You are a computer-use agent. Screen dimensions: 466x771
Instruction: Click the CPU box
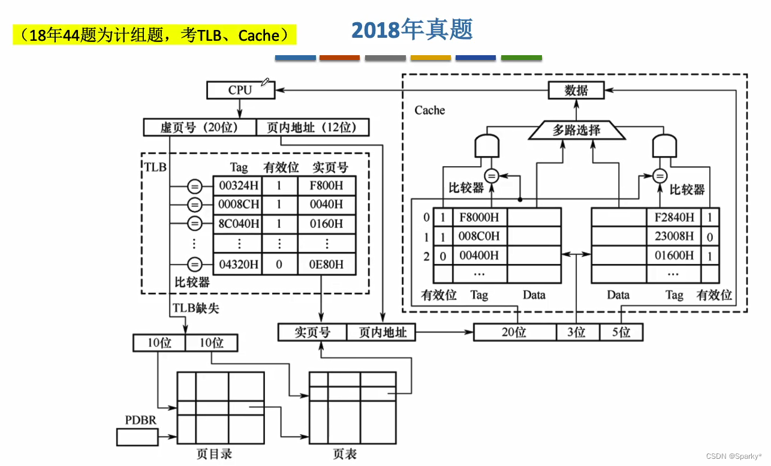[240, 91]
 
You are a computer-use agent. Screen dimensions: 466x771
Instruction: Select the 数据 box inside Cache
[576, 91]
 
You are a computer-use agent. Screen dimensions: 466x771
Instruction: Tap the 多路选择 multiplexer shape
[576, 130]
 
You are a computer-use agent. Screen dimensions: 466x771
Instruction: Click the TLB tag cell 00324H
[238, 185]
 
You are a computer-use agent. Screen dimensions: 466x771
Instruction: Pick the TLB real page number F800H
[327, 185]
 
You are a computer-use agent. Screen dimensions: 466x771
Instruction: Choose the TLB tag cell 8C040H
[238, 224]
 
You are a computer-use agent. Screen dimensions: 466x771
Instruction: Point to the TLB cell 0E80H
[327, 264]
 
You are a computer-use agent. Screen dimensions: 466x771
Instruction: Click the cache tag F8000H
[480, 217]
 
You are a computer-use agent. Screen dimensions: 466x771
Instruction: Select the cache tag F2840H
[674, 217]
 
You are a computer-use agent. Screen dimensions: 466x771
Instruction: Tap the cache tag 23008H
[674, 236]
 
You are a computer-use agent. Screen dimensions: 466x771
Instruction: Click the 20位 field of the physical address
[515, 332]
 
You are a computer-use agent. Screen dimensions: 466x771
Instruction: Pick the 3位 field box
[576, 332]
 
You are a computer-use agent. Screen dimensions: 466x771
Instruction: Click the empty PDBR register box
[137, 437]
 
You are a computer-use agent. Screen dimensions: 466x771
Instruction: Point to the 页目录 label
[214, 453]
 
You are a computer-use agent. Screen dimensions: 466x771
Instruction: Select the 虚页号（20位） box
[200, 127]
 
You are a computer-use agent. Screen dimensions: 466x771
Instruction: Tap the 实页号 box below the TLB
[312, 332]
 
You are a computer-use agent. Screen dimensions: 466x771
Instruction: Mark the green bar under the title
[521, 58]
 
